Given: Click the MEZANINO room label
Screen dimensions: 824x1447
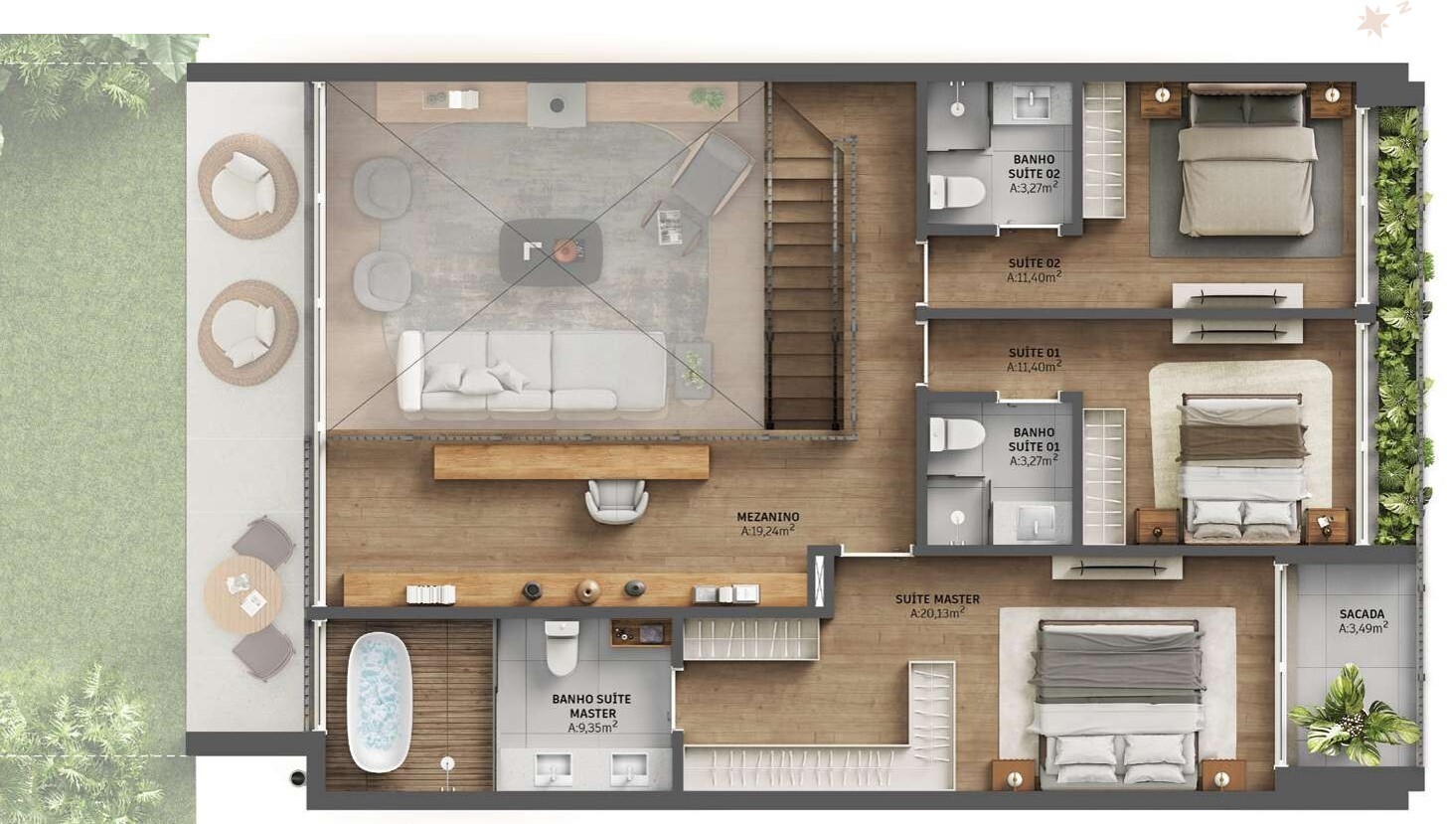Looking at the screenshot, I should click(x=767, y=517).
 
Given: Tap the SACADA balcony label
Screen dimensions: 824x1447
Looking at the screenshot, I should click(x=1362, y=613).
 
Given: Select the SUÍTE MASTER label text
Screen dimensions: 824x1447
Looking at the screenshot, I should click(x=937, y=599).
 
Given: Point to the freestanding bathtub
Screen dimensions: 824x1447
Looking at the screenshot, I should click(x=378, y=703).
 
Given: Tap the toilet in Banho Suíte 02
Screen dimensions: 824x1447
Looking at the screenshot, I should click(x=956, y=191).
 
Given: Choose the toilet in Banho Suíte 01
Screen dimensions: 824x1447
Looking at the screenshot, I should click(x=956, y=433).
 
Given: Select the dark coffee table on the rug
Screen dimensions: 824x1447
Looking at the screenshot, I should click(x=551, y=251).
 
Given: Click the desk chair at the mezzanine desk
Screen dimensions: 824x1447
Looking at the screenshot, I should click(x=616, y=500).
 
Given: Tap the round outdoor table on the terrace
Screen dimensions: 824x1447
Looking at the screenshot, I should click(x=243, y=594).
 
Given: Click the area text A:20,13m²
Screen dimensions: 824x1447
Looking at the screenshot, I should click(x=937, y=613).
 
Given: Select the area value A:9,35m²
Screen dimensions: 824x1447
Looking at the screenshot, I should click(x=592, y=728).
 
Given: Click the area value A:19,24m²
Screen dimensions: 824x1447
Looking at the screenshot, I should click(x=767, y=531).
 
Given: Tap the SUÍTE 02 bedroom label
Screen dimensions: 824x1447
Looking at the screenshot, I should click(x=1034, y=263).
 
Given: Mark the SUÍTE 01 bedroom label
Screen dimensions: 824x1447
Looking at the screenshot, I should click(x=1034, y=353).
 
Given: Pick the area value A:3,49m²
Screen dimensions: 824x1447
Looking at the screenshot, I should click(x=1362, y=628).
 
